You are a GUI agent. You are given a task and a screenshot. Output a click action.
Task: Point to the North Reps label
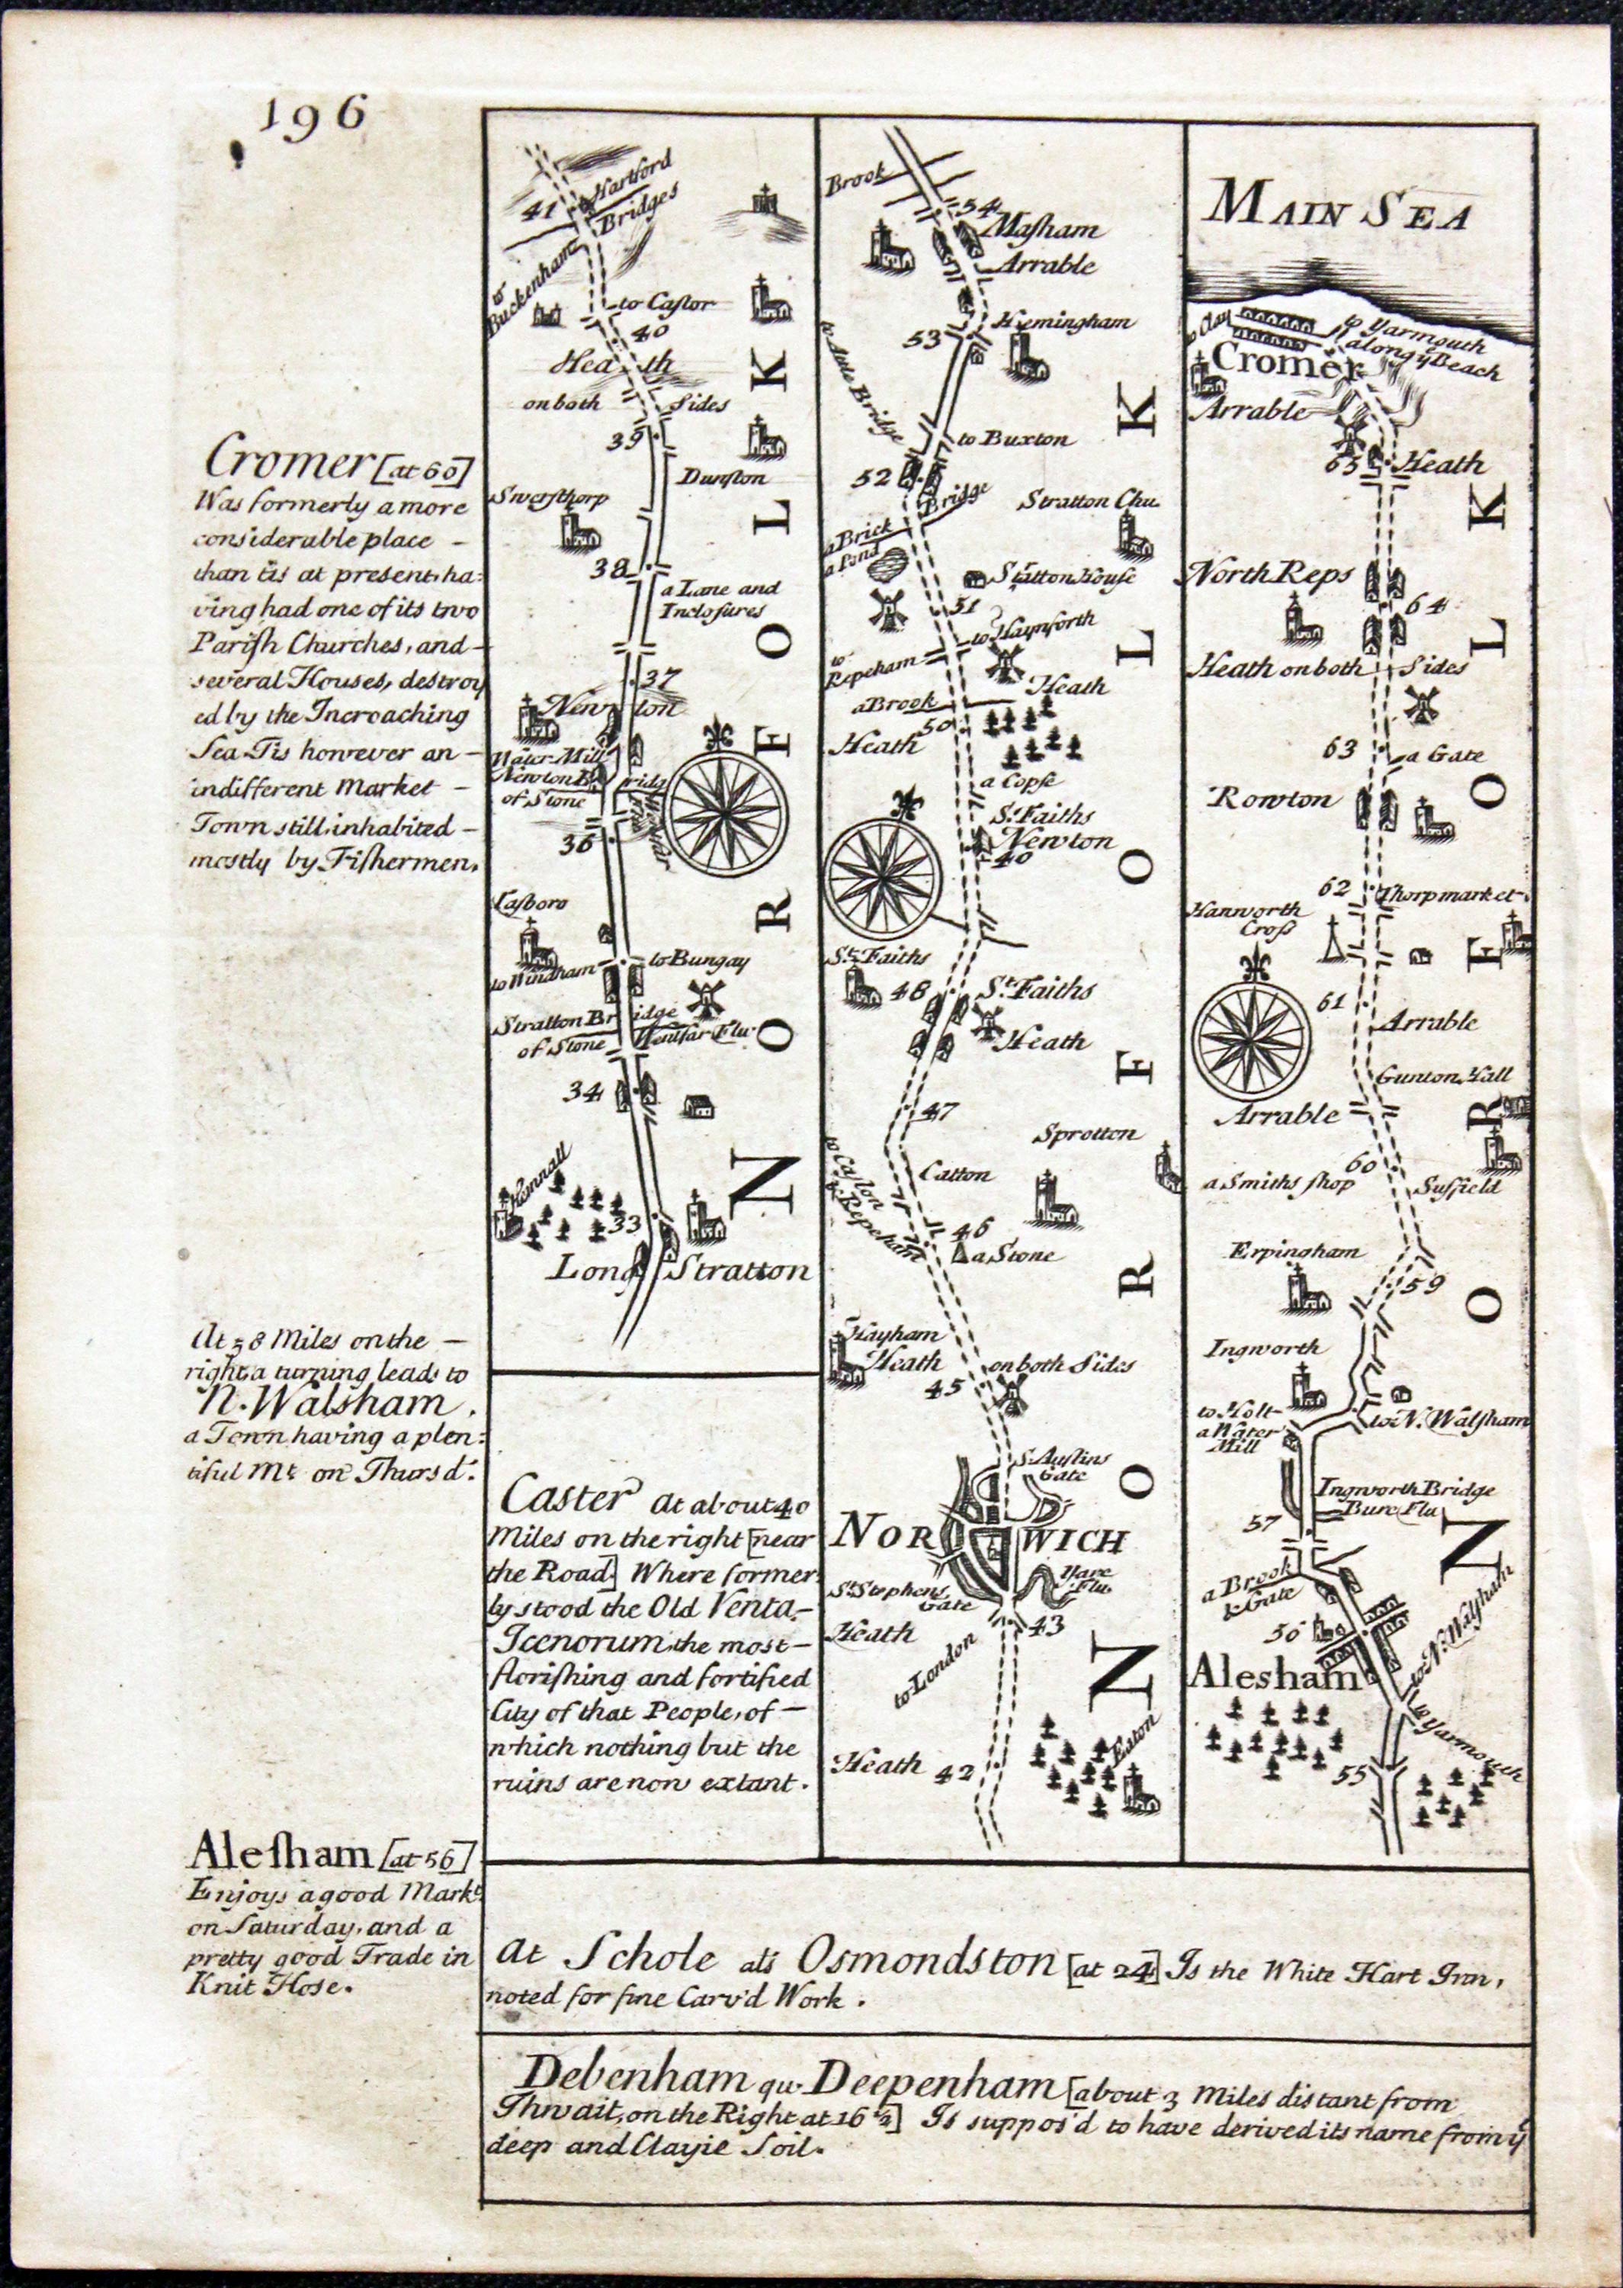pos(1269,574)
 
